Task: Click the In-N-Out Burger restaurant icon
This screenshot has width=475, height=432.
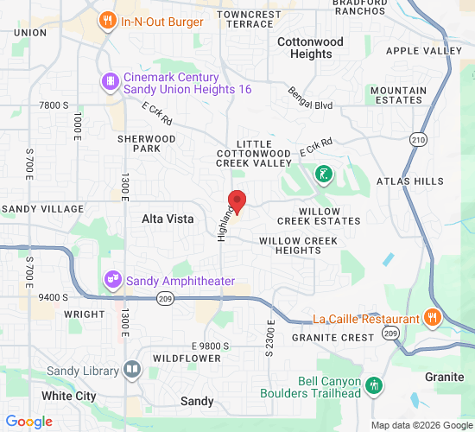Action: pyautogui.click(x=107, y=20)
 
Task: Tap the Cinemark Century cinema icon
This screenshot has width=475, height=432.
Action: pyautogui.click(x=111, y=82)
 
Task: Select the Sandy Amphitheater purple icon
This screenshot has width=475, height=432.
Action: pyautogui.click(x=112, y=280)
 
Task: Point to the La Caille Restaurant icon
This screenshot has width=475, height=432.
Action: pyautogui.click(x=433, y=317)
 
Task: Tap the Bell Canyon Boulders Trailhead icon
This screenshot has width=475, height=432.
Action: pyautogui.click(x=373, y=384)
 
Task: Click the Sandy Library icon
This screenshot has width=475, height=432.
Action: pyautogui.click(x=131, y=371)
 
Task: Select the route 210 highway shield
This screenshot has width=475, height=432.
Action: pyautogui.click(x=419, y=139)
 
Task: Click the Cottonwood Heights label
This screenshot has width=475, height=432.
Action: pyautogui.click(x=310, y=48)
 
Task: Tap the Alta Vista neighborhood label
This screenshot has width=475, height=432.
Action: pyautogui.click(x=168, y=219)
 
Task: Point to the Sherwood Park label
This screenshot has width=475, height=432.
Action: pyautogui.click(x=148, y=143)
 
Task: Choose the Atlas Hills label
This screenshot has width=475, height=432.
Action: pyautogui.click(x=410, y=181)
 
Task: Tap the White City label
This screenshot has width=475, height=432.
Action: pyautogui.click(x=69, y=396)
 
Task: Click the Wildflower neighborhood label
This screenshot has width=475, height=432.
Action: pyautogui.click(x=187, y=358)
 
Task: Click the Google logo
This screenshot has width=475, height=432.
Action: pyautogui.click(x=28, y=422)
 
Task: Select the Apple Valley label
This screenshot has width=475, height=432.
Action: pyautogui.click(x=424, y=51)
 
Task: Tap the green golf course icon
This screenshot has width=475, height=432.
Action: pyautogui.click(x=323, y=175)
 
